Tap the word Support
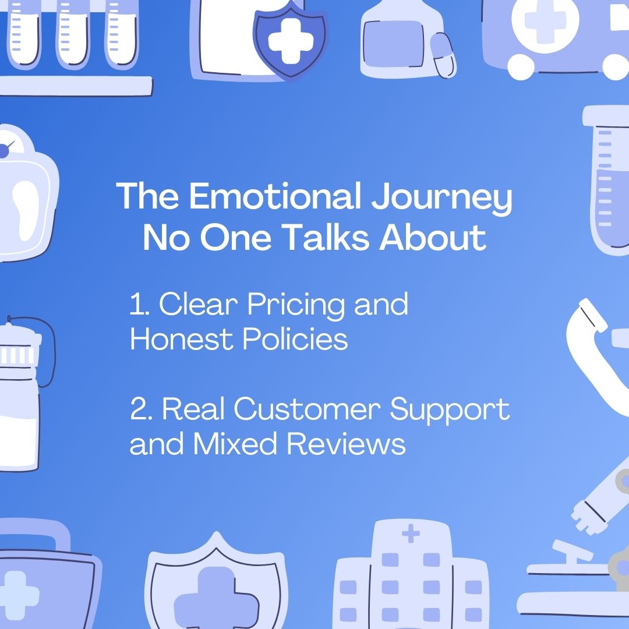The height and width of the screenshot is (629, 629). pos(450,411)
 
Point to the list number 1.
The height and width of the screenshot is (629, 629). pos(137,305)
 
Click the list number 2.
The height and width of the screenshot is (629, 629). pos(140,409)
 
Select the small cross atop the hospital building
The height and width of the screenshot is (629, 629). pos(411,533)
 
